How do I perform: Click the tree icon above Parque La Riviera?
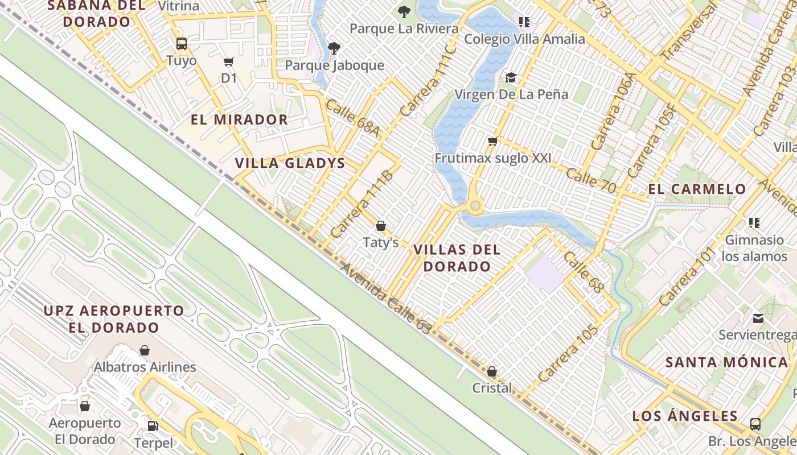404,11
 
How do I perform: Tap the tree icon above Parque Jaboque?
334,48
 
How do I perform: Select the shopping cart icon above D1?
228,61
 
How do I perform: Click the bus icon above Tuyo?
182,43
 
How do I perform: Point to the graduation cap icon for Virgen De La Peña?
511,77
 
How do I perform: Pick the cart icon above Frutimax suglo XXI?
492,141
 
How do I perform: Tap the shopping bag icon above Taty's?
381,226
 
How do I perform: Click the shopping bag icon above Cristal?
492,371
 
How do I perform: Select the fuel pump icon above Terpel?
153,425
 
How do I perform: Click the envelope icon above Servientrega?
758,318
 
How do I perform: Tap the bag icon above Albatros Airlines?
145,350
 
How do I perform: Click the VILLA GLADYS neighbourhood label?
290,163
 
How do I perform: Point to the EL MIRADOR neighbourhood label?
239,119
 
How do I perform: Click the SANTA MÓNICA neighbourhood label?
726,362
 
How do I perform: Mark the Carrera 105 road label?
568,353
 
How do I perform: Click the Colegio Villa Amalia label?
524,39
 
